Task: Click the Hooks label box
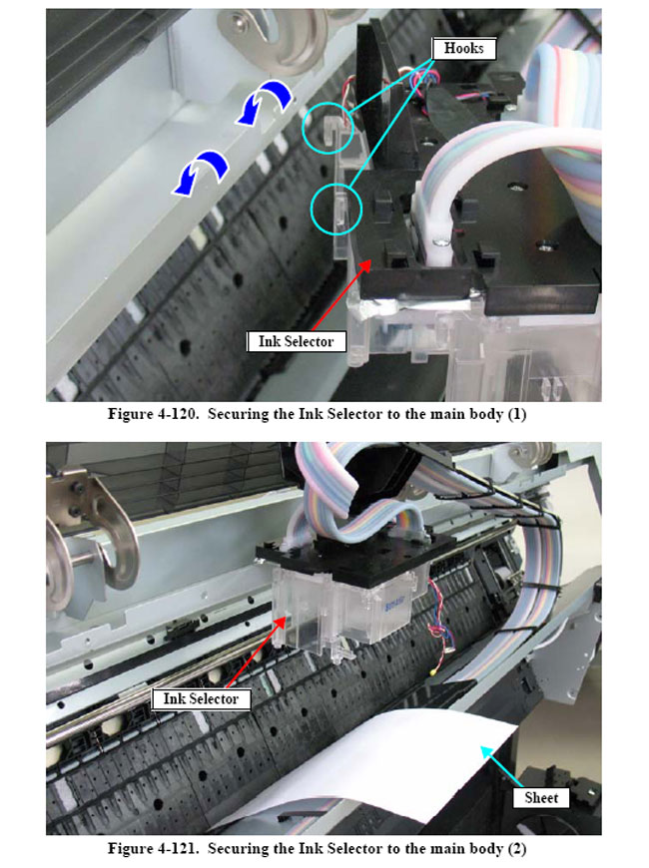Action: click(x=464, y=49)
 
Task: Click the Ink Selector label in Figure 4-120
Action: click(x=296, y=341)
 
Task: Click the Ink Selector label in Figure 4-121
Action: click(x=201, y=698)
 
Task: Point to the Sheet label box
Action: click(x=541, y=798)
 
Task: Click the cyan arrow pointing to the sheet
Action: click(x=501, y=766)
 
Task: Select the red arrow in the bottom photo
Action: click(x=257, y=653)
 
